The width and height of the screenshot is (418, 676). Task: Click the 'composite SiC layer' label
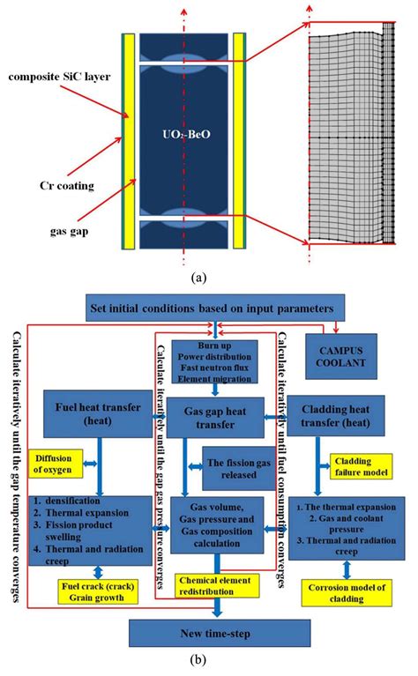[x=59, y=77]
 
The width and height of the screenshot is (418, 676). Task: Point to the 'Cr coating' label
[x=67, y=186]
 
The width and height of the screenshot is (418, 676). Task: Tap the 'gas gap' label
[x=69, y=231]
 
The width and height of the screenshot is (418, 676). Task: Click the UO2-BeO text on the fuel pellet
[x=186, y=135]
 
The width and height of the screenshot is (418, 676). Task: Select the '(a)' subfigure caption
[x=198, y=278]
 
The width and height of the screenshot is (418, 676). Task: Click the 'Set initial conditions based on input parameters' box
[x=215, y=308]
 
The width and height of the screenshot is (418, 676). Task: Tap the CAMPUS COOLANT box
[x=341, y=357]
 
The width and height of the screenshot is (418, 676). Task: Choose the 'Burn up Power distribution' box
[x=215, y=362]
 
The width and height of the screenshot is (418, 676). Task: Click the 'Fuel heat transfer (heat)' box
[x=98, y=414]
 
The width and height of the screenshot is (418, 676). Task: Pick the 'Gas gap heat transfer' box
[x=215, y=418]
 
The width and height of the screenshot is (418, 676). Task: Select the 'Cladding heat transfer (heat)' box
[x=336, y=416]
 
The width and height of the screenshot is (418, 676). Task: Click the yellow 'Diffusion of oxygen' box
[x=56, y=464]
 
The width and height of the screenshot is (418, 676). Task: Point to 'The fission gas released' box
[x=239, y=469]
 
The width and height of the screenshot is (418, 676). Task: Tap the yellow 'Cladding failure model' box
[x=361, y=466]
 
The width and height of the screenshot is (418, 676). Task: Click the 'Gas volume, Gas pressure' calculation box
[x=217, y=525]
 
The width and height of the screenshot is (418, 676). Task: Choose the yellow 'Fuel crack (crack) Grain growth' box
[x=98, y=592]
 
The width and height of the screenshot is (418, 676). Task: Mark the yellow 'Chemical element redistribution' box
[x=217, y=586]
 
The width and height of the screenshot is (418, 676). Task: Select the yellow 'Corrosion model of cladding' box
[x=347, y=593]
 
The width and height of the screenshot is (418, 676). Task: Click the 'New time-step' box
[x=220, y=634]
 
